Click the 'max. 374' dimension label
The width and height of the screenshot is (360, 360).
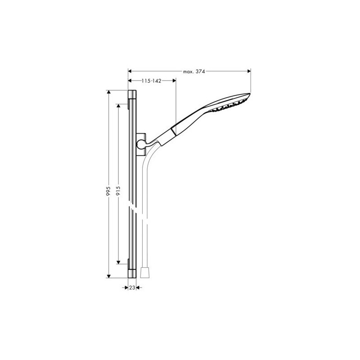tap(194, 72)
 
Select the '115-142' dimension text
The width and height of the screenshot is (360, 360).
tap(151, 81)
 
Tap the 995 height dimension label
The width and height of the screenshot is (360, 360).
tap(108, 191)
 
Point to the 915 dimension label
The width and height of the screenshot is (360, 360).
tap(118, 191)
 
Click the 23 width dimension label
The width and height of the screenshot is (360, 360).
tap(132, 288)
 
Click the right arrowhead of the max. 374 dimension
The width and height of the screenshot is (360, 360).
tap(249, 71)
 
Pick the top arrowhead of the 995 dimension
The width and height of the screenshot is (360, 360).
tap(108, 92)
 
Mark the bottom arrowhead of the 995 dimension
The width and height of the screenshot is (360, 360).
tap(108, 276)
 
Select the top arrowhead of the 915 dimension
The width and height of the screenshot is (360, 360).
tap(118, 106)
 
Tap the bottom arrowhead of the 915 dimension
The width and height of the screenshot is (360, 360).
tap(118, 262)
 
